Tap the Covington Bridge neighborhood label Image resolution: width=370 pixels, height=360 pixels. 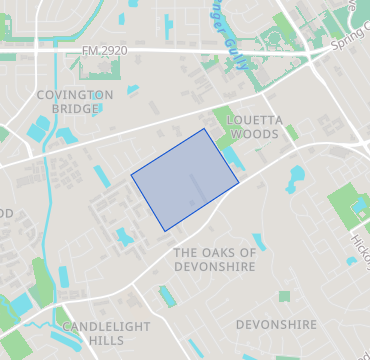coord(74,102)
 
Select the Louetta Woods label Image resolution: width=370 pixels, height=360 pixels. coord(257,126)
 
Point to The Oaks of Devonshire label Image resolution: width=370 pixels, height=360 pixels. coord(214,259)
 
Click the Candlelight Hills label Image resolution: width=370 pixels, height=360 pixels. coord(106,333)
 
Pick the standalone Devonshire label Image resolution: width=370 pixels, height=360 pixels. coord(276,324)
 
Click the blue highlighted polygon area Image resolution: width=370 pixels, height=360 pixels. coord(185,180)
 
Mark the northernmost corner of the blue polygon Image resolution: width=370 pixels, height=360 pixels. coord(205,129)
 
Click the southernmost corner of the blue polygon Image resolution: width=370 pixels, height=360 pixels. coord(166,231)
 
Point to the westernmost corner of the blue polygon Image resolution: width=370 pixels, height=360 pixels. coord(132,175)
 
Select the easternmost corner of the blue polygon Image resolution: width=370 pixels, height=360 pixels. coord(238,183)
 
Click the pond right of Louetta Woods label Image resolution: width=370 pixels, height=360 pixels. coord(295,179)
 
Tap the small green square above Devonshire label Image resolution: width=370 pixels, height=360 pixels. coord(284,297)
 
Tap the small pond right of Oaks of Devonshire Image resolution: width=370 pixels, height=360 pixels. coord(259,241)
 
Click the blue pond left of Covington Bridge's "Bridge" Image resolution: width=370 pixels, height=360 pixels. coord(38,129)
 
